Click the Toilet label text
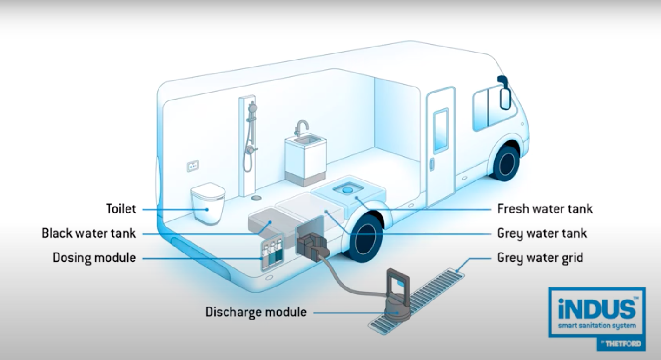coord(121,209)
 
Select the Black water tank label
coord(89,233)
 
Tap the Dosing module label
coord(94,257)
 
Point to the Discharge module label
coord(256,312)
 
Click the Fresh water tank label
coord(545,208)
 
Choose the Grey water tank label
coord(542,233)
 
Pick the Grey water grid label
coord(540,257)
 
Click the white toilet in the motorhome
coord(207,205)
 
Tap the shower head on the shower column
coord(252,108)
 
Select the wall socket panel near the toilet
coord(193,166)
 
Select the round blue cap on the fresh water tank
coord(346,189)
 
